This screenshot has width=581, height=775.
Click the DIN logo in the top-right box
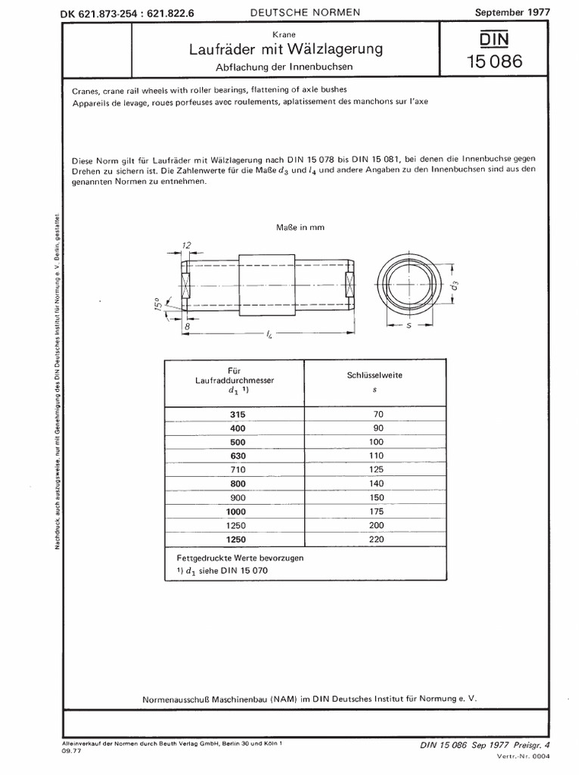point(494,39)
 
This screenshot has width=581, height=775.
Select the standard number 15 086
point(495,62)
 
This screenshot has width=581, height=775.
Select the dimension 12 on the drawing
point(186,244)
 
